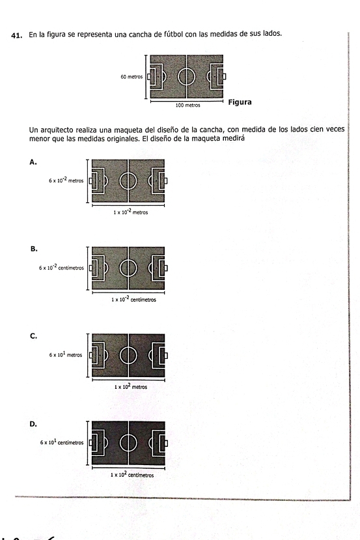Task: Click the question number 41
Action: pyautogui.click(x=17, y=35)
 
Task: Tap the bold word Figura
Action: pyautogui.click(x=240, y=102)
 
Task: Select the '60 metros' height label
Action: pyautogui.click(x=132, y=77)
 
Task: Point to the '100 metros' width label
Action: pyautogui.click(x=187, y=106)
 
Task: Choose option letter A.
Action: pyautogui.click(x=33, y=162)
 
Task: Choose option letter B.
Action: pyautogui.click(x=34, y=249)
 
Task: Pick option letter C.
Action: pyautogui.click(x=33, y=337)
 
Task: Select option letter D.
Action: pyautogui.click(x=33, y=424)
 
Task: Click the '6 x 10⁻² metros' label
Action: pyautogui.click(x=66, y=180)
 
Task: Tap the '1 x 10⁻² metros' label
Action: pyautogui.click(x=130, y=212)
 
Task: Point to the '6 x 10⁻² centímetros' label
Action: pyautogui.click(x=61, y=268)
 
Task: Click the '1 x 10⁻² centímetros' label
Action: pyautogui.click(x=133, y=299)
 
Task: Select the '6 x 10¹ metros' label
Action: pyautogui.click(x=66, y=355)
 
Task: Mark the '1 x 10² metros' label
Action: pyautogui.click(x=131, y=387)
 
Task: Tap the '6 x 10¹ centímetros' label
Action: pyautogui.click(x=62, y=442)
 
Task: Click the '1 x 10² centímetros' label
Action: pyautogui.click(x=132, y=475)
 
